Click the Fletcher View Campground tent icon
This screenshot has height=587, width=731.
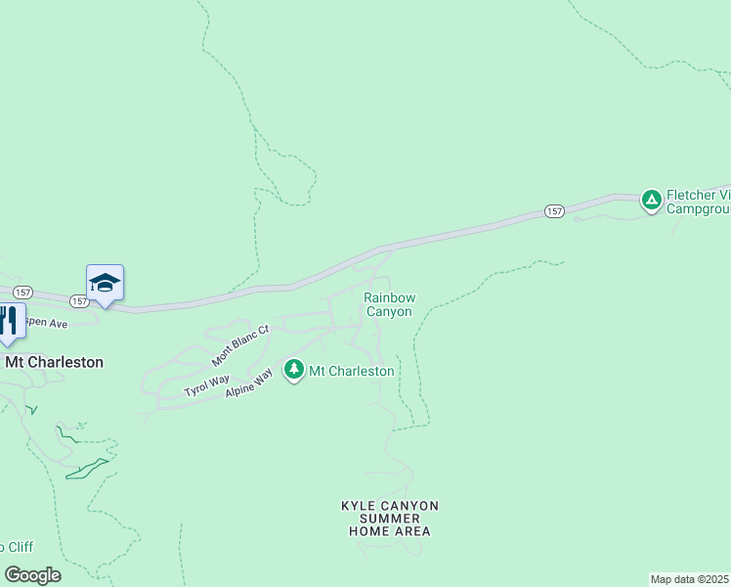651,201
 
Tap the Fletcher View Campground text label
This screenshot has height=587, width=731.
698,202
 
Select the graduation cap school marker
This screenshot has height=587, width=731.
105,284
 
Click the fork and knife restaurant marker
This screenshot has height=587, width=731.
9,321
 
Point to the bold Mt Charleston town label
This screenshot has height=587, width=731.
54,362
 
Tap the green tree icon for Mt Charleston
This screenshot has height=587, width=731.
293,370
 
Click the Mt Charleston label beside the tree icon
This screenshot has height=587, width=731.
352,371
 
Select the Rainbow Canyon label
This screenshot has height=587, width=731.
389,304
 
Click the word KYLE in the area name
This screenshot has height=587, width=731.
359,506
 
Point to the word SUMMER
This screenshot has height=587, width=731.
390,519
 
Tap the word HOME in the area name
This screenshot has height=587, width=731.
367,531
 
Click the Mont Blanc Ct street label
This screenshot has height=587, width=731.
239,343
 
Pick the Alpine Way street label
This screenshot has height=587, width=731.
249,382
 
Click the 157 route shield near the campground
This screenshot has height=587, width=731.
554,211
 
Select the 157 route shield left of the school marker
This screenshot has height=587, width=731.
24,292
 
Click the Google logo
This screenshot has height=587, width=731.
32,575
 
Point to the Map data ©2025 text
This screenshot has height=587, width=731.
690,579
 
